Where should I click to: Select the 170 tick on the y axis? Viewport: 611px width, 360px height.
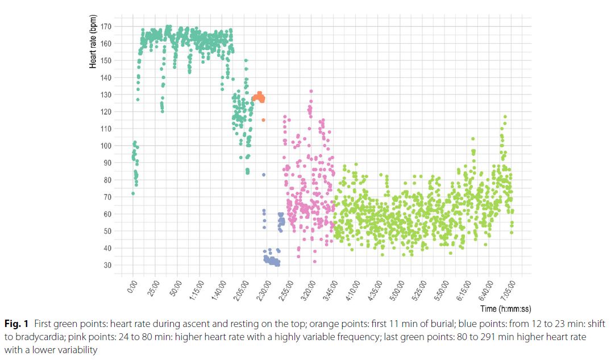point(106,26)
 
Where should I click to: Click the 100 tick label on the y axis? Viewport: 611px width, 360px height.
point(106,146)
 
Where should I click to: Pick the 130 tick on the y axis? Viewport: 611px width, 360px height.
point(106,94)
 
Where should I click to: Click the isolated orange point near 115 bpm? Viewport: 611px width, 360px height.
point(263,120)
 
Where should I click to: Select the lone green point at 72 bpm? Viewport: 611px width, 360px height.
point(133,193)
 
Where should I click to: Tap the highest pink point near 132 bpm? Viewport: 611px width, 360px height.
point(311,91)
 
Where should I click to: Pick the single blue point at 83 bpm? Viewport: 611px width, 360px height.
point(264,175)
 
